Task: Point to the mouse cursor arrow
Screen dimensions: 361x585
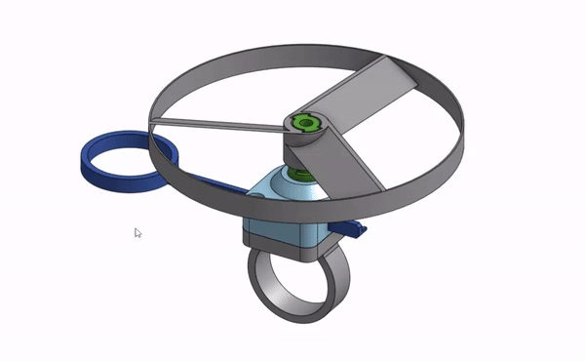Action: point(136,231)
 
